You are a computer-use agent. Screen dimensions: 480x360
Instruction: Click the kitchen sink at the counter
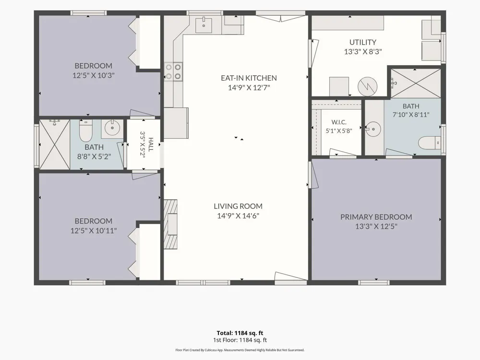[204, 24]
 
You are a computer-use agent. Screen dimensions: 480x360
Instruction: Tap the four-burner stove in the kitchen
[173, 72]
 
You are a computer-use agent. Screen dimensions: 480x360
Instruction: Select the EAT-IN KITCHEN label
[249, 78]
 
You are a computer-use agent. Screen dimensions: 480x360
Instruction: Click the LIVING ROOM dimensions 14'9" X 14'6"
[238, 216]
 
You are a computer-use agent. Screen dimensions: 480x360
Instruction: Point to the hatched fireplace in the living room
[171, 224]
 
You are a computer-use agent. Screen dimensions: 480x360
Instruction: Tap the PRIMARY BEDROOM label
[376, 217]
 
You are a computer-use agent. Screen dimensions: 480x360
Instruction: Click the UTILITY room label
[363, 42]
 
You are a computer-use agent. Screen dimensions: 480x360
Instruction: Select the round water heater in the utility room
[367, 86]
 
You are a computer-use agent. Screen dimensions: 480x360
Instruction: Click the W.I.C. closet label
[339, 122]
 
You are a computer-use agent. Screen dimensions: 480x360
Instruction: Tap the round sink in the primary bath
[373, 129]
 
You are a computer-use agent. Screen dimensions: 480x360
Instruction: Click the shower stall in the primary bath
[416, 83]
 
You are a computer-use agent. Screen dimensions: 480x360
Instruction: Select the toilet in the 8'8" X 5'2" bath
[86, 131]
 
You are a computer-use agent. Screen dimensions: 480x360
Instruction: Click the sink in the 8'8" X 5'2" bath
[112, 128]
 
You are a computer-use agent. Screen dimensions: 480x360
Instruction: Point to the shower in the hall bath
[55, 144]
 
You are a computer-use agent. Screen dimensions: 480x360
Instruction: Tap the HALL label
[151, 144]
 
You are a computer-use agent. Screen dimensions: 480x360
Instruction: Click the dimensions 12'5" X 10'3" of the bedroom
[94, 75]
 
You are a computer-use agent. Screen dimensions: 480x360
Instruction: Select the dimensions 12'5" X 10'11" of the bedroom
[94, 230]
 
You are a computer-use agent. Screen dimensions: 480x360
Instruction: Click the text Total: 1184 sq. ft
[240, 333]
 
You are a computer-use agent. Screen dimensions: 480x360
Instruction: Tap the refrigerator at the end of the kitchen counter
[176, 123]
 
